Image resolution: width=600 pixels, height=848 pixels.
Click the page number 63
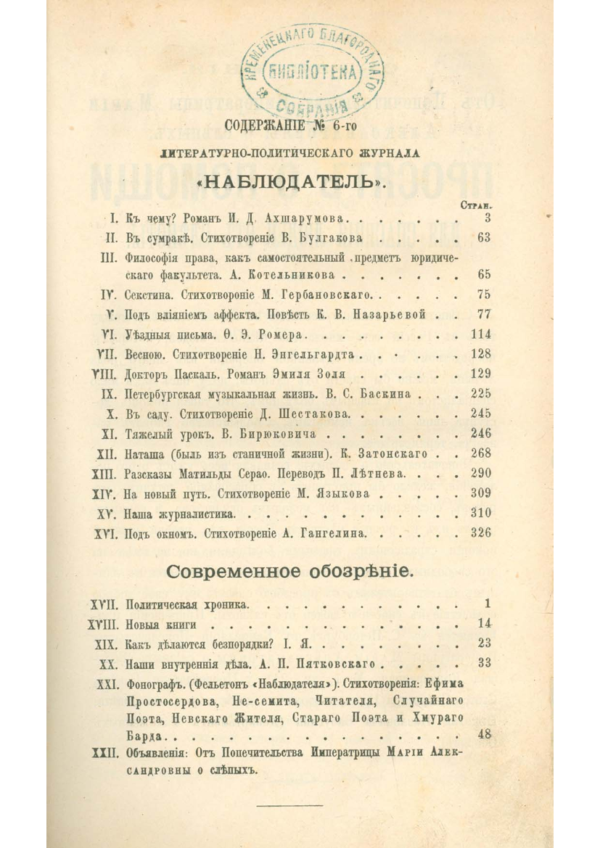tap(485, 237)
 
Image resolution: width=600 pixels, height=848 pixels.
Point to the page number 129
tap(480, 374)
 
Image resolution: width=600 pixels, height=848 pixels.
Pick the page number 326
tap(480, 532)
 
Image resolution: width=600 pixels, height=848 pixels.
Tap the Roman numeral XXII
tap(101, 754)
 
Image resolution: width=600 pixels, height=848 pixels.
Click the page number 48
tap(485, 733)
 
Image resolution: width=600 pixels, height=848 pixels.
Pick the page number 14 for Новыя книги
tap(485, 623)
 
